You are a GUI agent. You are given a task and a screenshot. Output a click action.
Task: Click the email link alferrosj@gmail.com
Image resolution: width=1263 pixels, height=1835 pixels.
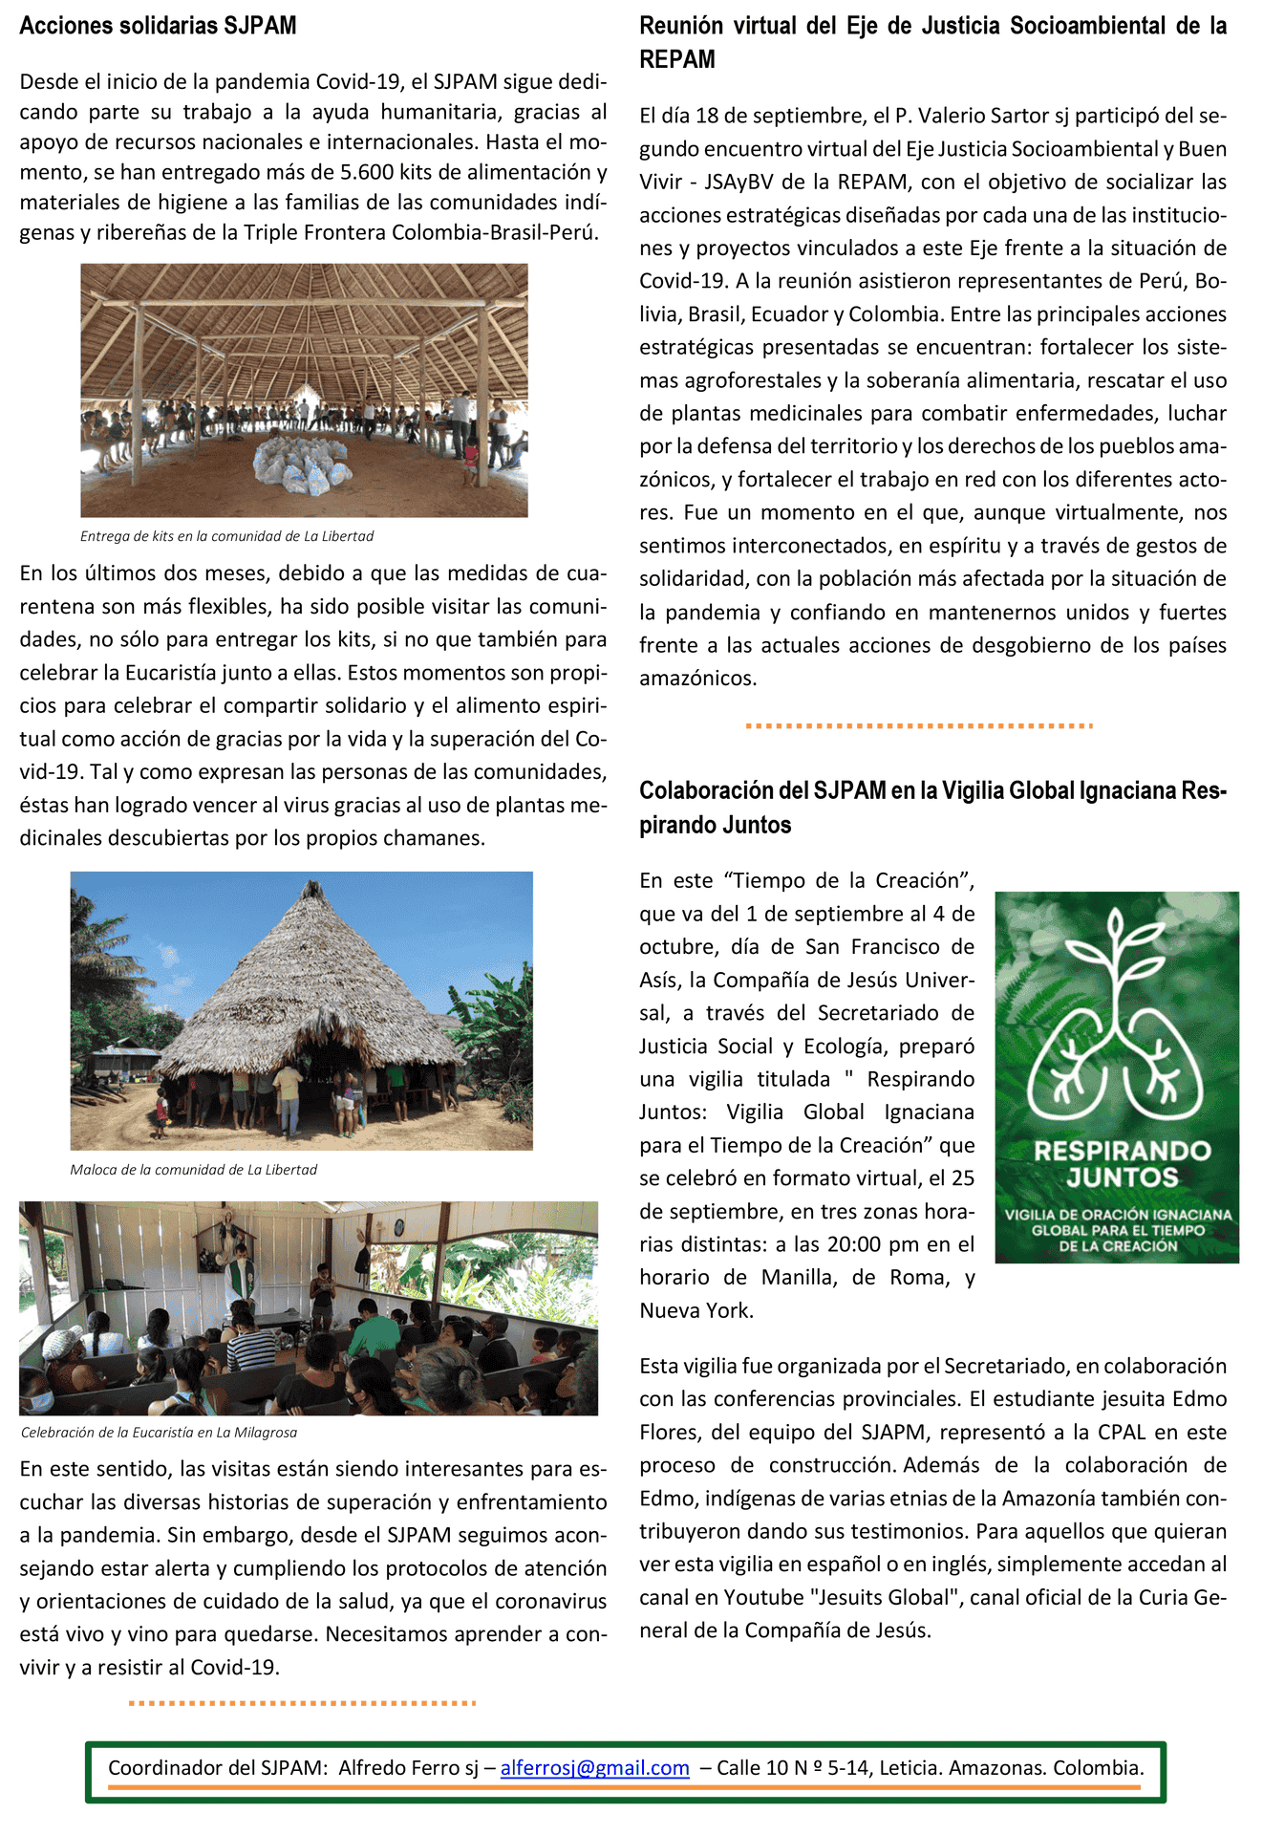pyautogui.click(x=594, y=1767)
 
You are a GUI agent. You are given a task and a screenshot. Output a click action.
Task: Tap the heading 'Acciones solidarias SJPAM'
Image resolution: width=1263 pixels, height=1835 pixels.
pyautogui.click(x=158, y=26)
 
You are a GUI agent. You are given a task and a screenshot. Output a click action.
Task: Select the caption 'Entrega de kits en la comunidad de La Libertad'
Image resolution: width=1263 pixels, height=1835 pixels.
pyautogui.click(x=226, y=536)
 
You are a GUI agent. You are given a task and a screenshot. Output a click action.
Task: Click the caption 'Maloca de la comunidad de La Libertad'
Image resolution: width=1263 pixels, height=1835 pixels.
pyautogui.click(x=193, y=1170)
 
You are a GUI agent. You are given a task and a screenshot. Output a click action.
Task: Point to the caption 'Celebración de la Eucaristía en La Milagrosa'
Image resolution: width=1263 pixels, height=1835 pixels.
pyautogui.click(x=159, y=1433)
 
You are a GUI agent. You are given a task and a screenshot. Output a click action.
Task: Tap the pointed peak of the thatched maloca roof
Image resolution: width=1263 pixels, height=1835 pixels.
pyautogui.click(x=310, y=886)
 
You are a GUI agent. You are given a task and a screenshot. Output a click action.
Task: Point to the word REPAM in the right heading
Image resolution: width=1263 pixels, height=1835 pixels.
pyautogui.click(x=677, y=59)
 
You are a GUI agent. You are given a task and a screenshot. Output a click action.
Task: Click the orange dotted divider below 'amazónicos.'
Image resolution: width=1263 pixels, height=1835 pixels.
pyautogui.click(x=918, y=725)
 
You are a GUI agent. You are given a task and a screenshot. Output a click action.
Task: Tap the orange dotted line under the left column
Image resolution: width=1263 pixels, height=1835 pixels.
pyautogui.click(x=302, y=1702)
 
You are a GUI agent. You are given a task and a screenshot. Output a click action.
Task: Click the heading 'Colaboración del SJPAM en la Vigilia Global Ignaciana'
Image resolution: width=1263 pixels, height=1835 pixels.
pyautogui.click(x=932, y=791)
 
